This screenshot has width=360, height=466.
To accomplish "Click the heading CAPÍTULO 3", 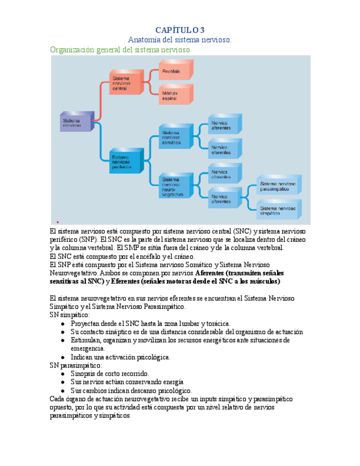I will pos(180,30).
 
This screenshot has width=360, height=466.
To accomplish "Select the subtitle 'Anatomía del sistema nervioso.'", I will pos(180,40).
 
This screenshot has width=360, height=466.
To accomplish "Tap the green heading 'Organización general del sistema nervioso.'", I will pos(121,49).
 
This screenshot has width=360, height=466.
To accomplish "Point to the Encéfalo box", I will pos(175,71).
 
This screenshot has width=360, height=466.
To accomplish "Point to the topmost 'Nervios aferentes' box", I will pos(224,126).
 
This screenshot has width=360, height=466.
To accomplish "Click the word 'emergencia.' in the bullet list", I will pos(88,348).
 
